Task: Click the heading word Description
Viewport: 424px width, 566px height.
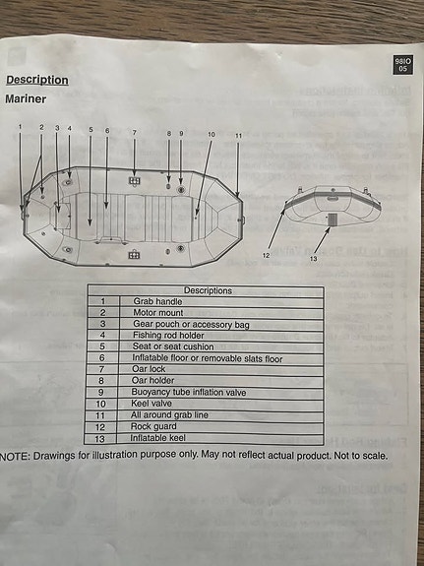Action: tap(37, 80)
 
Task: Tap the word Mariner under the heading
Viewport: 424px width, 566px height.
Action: tap(26, 99)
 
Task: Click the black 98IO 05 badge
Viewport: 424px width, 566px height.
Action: tap(402, 65)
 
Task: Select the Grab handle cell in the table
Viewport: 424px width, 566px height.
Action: tap(157, 301)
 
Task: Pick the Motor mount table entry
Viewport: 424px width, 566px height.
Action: tap(158, 313)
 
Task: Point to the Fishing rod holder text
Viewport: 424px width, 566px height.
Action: tap(168, 336)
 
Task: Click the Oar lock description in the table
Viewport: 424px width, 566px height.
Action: tap(149, 369)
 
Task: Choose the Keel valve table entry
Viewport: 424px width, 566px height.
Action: tap(151, 404)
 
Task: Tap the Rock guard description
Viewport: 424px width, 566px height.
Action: tap(153, 426)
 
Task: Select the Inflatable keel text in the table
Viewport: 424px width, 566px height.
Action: tap(158, 438)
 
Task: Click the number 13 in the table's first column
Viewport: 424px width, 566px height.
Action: tap(99, 439)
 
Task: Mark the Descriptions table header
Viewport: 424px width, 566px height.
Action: tap(208, 290)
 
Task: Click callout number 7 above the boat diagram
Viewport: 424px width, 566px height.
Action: tap(134, 133)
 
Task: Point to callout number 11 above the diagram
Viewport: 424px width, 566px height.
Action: tap(238, 136)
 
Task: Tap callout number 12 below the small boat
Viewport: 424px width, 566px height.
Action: tap(267, 256)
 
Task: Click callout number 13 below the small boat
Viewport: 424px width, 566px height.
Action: tap(314, 259)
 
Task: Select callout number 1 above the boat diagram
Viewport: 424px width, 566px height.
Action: tap(21, 126)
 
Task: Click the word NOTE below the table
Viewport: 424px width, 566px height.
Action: tap(14, 457)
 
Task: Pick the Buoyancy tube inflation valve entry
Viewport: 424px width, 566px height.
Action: tap(189, 392)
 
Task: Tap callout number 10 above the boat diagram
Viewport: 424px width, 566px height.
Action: tap(212, 134)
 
